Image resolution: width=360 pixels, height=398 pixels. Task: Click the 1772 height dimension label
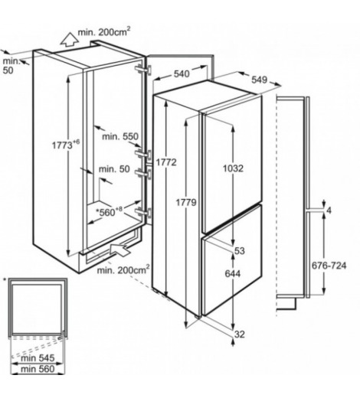(166, 162)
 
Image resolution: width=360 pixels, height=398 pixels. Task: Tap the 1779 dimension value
(186, 203)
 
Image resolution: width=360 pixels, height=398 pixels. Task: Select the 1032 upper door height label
(233, 168)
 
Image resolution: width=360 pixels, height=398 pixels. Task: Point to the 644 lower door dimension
(233, 274)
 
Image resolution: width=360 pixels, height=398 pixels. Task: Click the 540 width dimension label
(182, 74)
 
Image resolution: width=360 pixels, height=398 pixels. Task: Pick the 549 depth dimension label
(259, 80)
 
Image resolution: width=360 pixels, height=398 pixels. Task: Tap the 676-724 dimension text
(329, 266)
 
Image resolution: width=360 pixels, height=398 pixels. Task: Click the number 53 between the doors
(240, 251)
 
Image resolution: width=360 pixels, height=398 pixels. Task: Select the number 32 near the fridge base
(240, 334)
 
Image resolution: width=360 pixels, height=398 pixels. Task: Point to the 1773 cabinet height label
(66, 145)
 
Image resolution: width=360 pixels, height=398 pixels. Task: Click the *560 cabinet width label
(109, 211)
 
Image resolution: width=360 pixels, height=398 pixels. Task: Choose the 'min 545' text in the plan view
(38, 358)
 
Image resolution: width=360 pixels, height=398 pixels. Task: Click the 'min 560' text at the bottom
(38, 369)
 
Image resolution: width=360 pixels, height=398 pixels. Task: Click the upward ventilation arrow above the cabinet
(69, 40)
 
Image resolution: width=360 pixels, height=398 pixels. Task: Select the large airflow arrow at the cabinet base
(120, 250)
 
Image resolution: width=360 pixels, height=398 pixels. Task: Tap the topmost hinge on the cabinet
(143, 70)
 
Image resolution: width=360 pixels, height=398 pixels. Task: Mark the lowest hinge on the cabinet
(143, 213)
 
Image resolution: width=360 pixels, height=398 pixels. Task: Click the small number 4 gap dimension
(329, 210)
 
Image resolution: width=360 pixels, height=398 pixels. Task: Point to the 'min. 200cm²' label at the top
(104, 32)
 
